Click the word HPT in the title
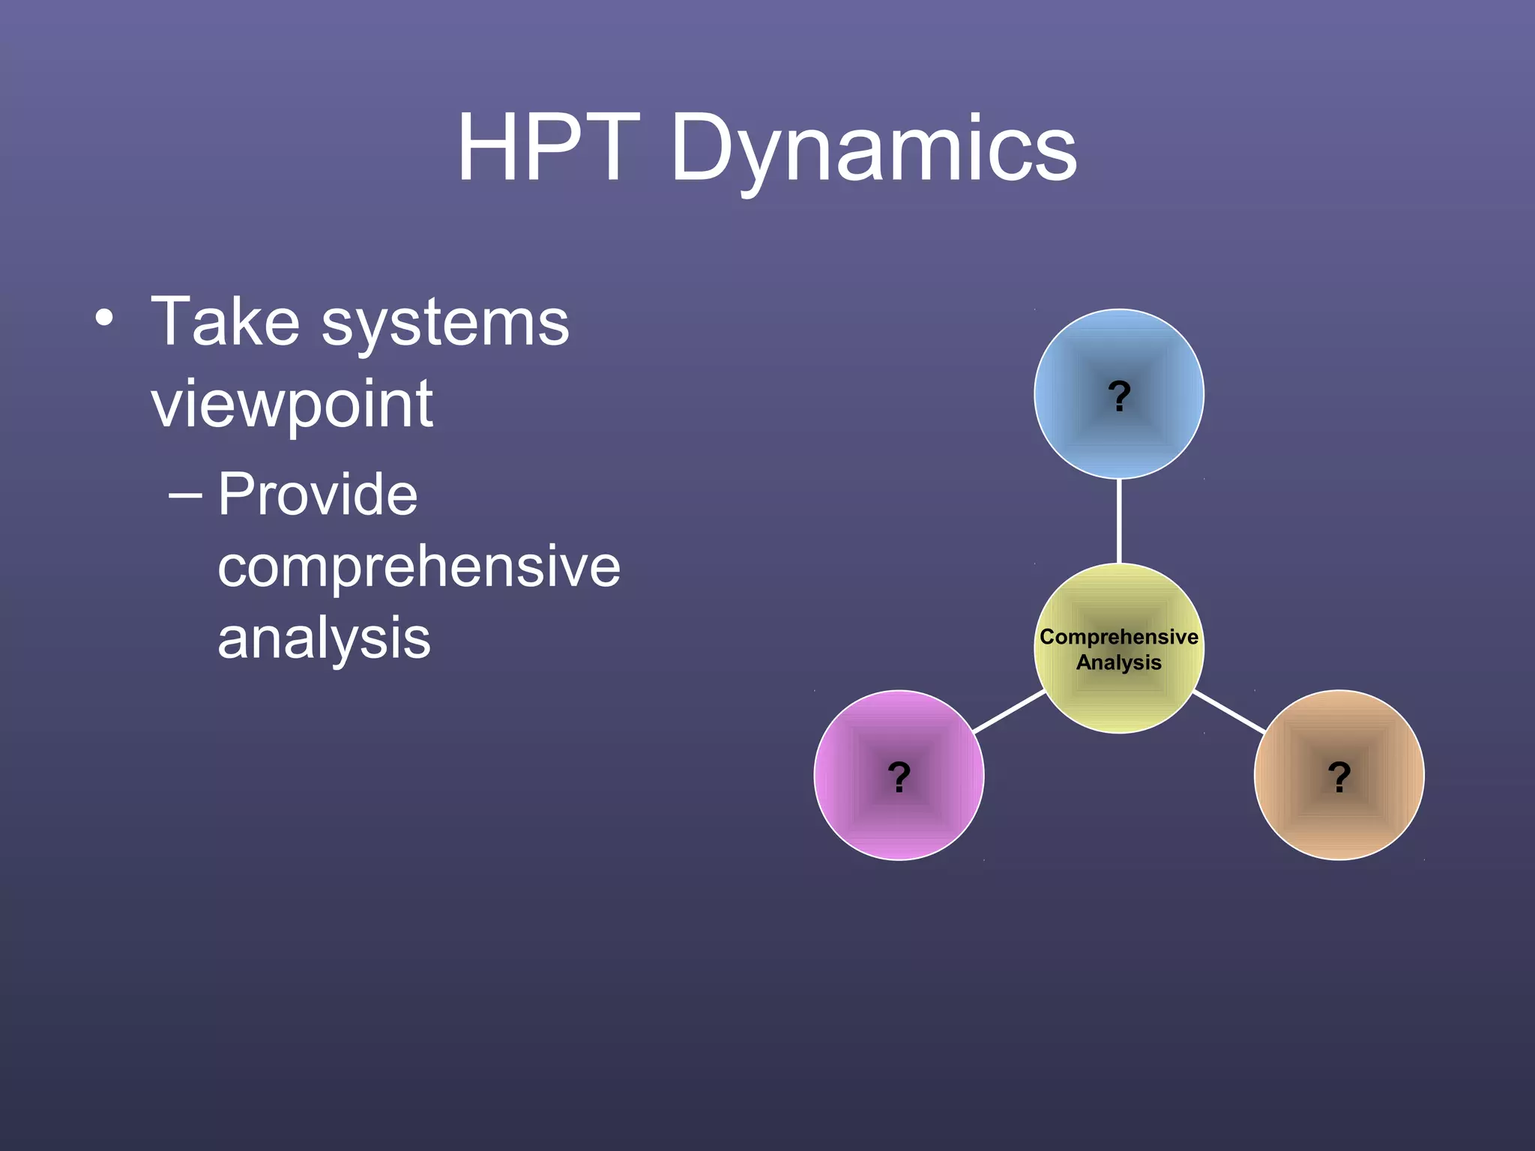(x=549, y=148)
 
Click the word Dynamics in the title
(x=873, y=150)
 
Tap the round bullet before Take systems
(x=104, y=318)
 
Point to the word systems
(x=445, y=324)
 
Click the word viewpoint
(x=292, y=405)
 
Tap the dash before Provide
(x=184, y=495)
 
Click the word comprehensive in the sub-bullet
(x=418, y=567)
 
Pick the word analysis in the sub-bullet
(x=324, y=638)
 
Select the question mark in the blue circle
(x=1119, y=396)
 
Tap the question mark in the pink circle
(x=899, y=776)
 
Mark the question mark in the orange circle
(x=1339, y=776)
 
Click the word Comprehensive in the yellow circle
(x=1118, y=637)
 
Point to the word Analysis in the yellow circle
(x=1118, y=662)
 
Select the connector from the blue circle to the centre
(x=1119, y=521)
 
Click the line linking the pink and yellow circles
(x=1009, y=711)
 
